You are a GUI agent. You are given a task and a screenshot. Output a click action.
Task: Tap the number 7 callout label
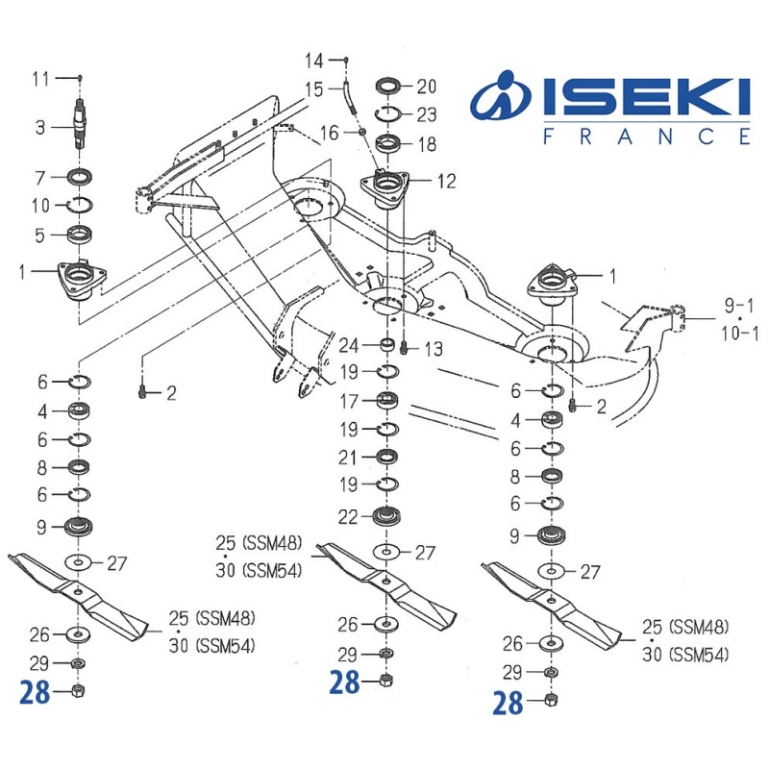tap(40, 177)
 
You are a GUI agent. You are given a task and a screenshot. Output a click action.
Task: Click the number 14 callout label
tap(314, 62)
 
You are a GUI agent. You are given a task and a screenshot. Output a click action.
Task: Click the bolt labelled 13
tap(405, 346)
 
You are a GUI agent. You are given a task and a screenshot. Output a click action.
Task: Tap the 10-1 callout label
tap(740, 334)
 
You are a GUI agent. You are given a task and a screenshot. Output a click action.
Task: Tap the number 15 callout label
tap(314, 89)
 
